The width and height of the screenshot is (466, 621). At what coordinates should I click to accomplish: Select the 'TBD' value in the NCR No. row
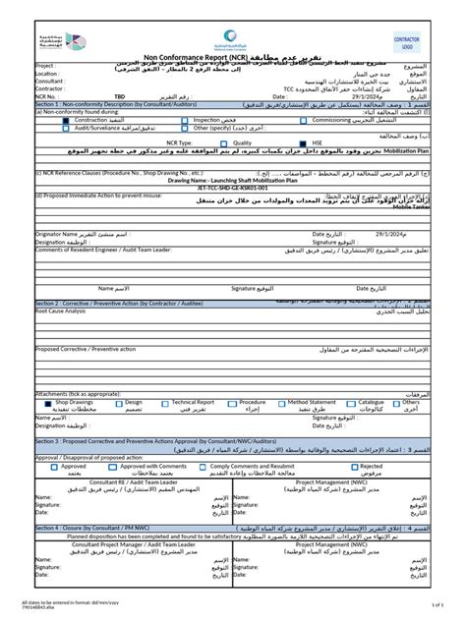tap(120, 97)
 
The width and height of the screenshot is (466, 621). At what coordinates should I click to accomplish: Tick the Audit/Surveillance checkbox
tap(40, 128)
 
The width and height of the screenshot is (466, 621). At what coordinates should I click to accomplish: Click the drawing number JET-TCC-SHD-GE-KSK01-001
tap(231, 188)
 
